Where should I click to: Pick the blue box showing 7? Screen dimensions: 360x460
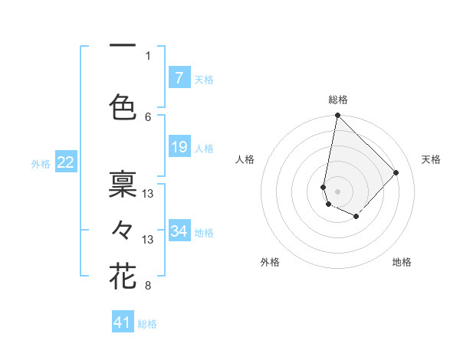(x=179, y=77)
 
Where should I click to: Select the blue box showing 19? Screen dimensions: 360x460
(x=179, y=147)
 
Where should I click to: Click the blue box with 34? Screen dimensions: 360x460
(x=179, y=231)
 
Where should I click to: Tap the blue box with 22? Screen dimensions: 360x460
(x=65, y=162)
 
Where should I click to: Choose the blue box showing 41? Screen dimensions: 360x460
(x=123, y=322)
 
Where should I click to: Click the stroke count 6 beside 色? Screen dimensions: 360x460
(x=148, y=116)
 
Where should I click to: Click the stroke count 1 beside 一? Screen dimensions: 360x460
(x=148, y=55)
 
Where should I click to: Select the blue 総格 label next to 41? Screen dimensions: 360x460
(x=147, y=324)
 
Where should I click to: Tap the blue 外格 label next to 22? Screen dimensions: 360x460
(x=41, y=163)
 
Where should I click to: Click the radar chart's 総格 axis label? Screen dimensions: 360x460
(x=337, y=100)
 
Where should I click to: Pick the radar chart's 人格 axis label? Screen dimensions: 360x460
(x=245, y=159)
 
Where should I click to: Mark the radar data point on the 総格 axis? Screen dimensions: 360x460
(x=337, y=116)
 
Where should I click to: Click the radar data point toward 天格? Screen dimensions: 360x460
(x=396, y=172)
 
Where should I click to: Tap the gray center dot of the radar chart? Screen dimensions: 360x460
(x=337, y=191)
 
